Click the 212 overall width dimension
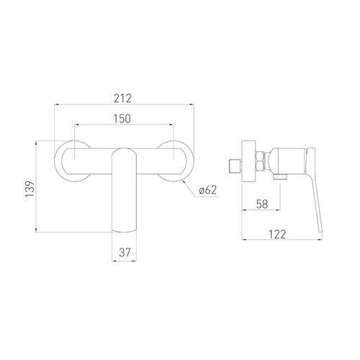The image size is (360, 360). click(x=123, y=99)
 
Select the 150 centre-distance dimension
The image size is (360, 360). click(x=122, y=119)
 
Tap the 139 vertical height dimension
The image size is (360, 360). click(x=30, y=189)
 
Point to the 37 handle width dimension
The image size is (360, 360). click(x=125, y=252)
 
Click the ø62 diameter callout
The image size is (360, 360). click(x=208, y=190)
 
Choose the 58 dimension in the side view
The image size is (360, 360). click(x=262, y=204)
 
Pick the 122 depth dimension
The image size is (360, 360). click(x=277, y=234)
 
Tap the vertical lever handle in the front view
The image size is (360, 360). click(x=125, y=190)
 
